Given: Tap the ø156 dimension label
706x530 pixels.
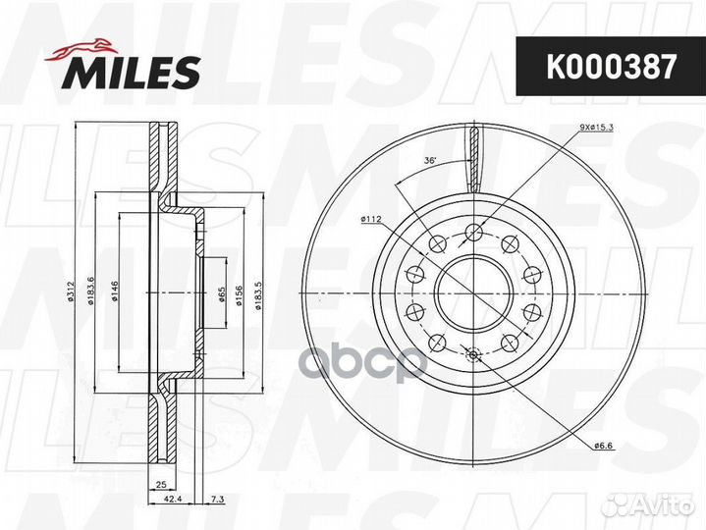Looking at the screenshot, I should (x=239, y=294).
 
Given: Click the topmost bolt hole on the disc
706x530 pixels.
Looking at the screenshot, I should (x=473, y=233).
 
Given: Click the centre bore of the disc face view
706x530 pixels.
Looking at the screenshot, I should (x=473, y=294).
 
